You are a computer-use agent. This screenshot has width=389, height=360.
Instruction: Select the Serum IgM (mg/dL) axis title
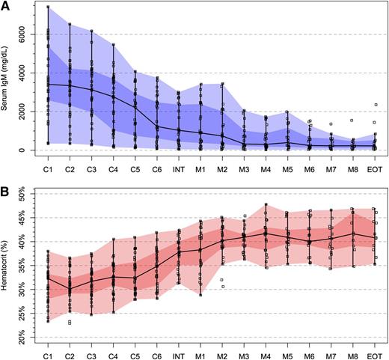(7, 78)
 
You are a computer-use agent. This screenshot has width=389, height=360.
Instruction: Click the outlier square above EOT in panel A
(375, 106)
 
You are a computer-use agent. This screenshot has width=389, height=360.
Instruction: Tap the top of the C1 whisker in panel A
(48, 7)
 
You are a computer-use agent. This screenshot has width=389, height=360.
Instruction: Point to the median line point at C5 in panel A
(135, 106)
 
